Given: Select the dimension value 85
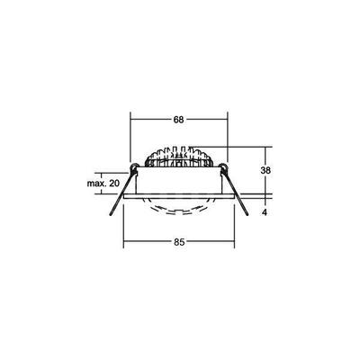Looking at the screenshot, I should pos(180,240).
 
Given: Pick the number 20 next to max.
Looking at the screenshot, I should pos(113,184).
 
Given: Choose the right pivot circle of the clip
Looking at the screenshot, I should pos(223,167).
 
